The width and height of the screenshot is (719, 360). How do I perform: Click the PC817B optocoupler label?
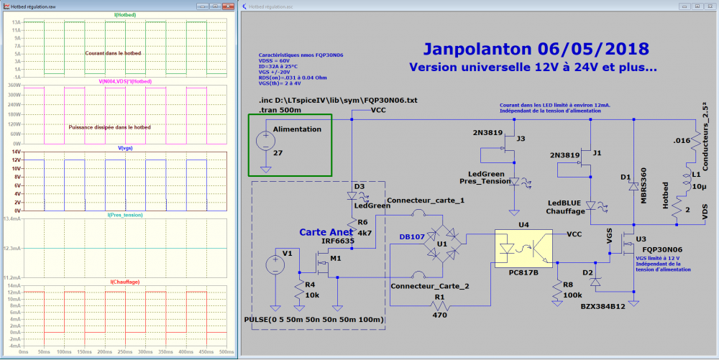click(x=524, y=273)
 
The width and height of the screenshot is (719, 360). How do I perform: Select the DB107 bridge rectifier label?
click(x=413, y=238)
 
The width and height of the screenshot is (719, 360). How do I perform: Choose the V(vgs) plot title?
click(x=125, y=147)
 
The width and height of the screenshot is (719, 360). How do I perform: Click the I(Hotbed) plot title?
click(x=125, y=14)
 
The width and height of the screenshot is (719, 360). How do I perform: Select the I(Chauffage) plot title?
click(x=125, y=282)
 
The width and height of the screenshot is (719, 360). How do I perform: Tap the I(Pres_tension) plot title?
click(x=125, y=214)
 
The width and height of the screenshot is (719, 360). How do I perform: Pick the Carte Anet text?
click(x=325, y=232)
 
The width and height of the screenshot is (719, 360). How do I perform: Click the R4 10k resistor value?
click(x=312, y=296)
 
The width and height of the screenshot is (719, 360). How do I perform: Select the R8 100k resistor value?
click(x=573, y=295)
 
